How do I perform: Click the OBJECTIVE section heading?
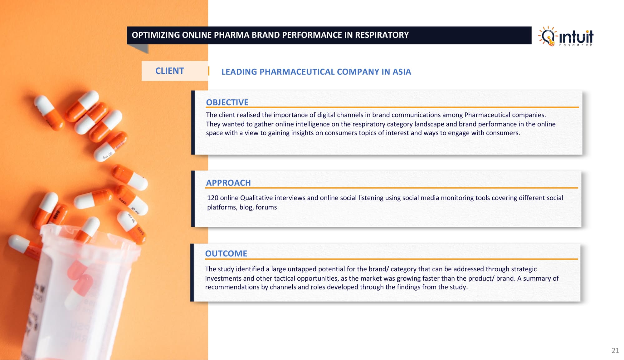pyautogui.click(x=227, y=102)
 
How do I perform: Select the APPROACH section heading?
pyautogui.click(x=228, y=183)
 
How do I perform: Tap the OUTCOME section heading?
pyautogui.click(x=226, y=254)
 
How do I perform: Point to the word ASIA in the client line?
pyautogui.click(x=402, y=72)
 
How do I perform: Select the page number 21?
pyautogui.click(x=615, y=350)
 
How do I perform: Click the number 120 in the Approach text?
pyautogui.click(x=212, y=198)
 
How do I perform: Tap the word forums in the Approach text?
pyautogui.click(x=266, y=207)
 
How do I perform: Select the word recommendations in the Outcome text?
pyautogui.click(x=232, y=287)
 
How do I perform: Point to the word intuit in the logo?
pyautogui.click(x=576, y=37)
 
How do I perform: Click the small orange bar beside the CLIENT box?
pyautogui.click(x=209, y=71)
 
